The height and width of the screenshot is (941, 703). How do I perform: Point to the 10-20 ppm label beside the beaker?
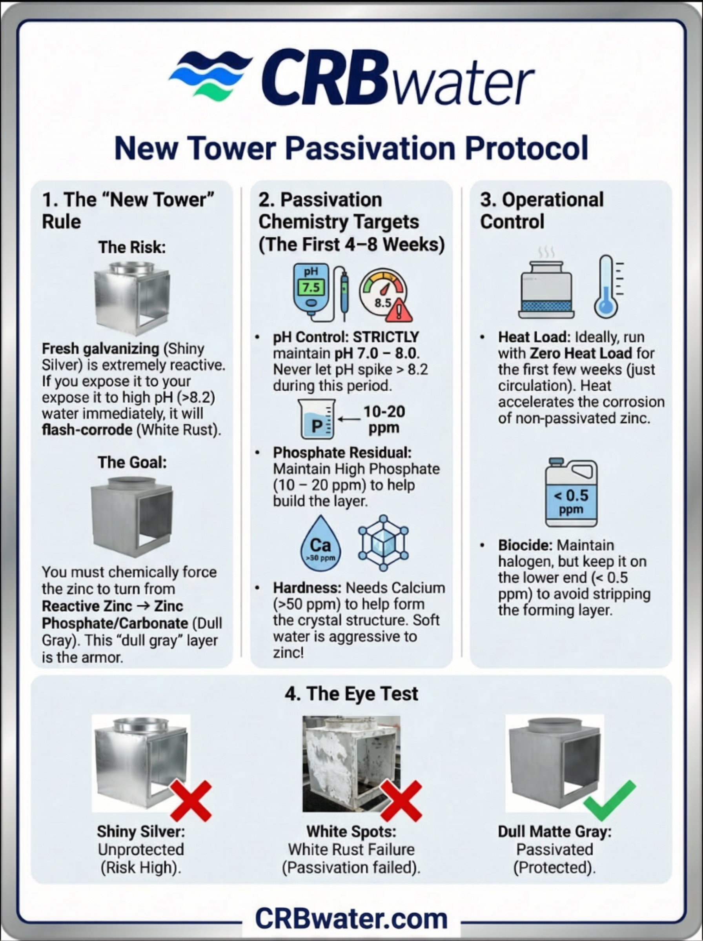click(383, 419)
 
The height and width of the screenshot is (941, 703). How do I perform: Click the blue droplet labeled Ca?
click(321, 544)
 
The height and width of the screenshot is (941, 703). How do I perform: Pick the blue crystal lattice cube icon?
click(383, 543)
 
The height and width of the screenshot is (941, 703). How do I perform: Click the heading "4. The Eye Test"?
click(351, 694)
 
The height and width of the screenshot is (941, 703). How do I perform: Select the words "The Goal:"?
click(132, 462)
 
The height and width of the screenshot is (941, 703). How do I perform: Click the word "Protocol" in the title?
click(526, 148)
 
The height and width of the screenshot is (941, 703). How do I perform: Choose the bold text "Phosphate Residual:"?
click(342, 452)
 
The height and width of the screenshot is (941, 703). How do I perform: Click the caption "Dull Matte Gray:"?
click(554, 832)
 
